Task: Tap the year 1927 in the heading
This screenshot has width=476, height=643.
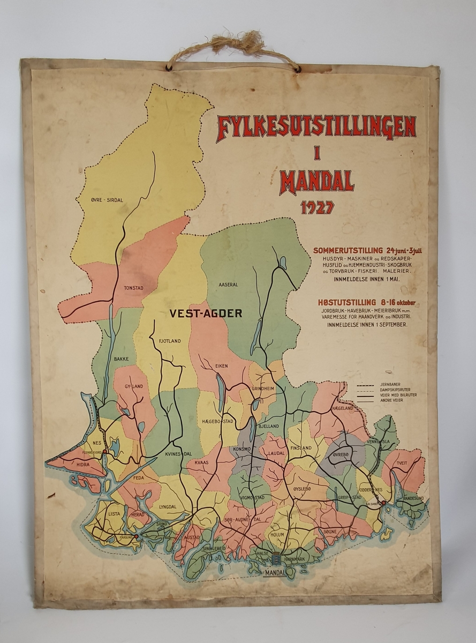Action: coord(317,207)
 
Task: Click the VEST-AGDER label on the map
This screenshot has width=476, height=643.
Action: coord(206,313)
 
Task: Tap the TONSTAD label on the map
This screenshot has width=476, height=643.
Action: coord(134,287)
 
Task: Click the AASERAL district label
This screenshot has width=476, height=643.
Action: coord(228,285)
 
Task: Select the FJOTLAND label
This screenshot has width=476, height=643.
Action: coord(170,340)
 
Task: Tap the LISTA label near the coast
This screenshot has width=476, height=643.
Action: coord(115,513)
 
